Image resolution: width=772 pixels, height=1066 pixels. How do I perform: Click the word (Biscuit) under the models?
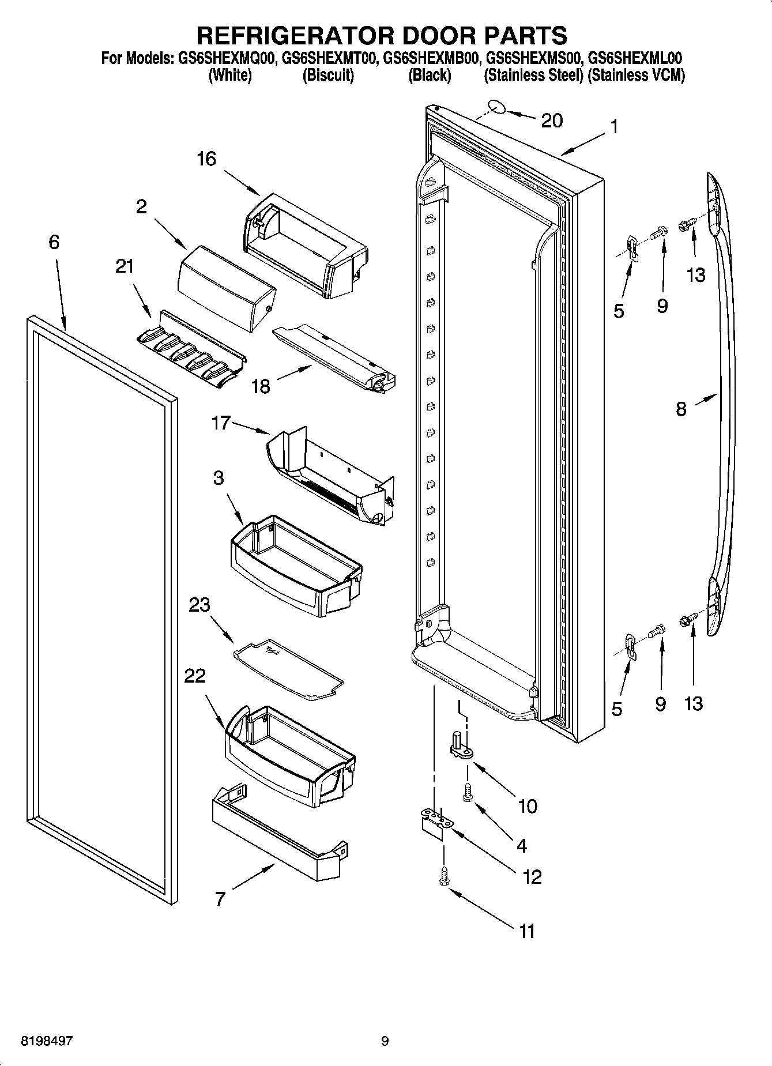click(x=328, y=76)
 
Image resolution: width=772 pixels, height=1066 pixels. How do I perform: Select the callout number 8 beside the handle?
click(x=681, y=410)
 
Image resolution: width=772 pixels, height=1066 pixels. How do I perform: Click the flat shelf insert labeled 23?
click(x=288, y=668)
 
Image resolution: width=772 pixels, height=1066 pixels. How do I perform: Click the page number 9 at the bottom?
click(x=385, y=1041)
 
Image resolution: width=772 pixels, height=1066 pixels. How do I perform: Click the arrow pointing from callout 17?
click(x=251, y=428)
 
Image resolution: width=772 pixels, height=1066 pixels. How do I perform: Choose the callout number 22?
click(x=194, y=675)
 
